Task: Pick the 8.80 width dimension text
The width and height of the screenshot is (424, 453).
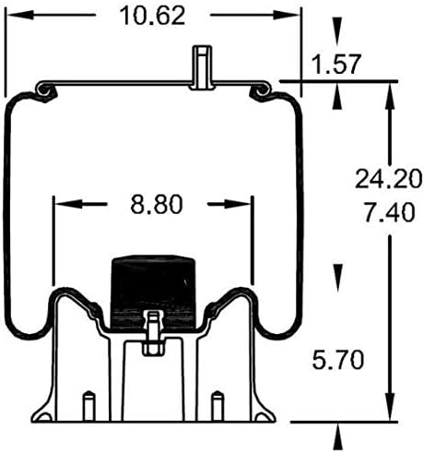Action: pos(153,203)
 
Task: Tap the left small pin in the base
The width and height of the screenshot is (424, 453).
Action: pos(87,404)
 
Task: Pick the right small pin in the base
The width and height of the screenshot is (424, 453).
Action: pos(218,404)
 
